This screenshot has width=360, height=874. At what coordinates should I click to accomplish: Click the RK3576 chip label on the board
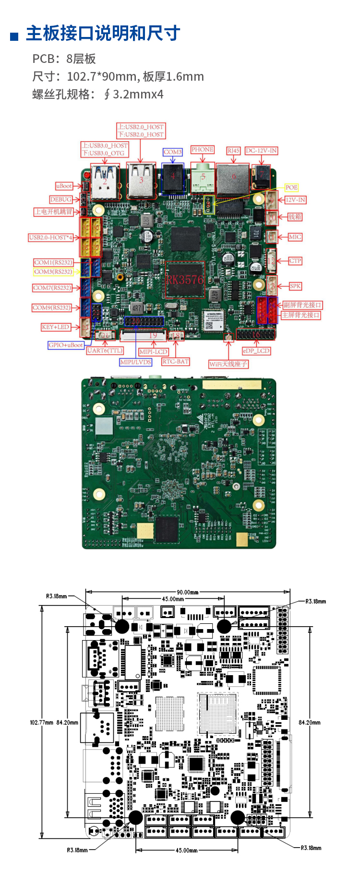click(185, 279)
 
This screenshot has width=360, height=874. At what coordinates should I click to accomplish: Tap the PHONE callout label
click(203, 150)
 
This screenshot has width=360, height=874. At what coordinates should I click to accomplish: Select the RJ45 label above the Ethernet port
click(233, 151)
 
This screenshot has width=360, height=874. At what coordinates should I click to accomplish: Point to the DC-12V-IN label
click(262, 151)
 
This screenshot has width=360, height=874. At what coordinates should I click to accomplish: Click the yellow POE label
click(291, 187)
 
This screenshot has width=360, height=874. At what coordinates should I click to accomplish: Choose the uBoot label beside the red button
click(64, 186)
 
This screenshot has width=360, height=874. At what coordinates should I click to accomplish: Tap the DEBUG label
click(61, 199)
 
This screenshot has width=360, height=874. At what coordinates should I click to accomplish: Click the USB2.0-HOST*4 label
click(51, 237)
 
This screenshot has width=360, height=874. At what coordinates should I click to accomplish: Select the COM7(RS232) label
click(52, 288)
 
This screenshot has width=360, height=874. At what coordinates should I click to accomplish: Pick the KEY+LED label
click(56, 327)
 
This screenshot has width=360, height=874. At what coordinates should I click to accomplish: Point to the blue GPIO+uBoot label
click(66, 345)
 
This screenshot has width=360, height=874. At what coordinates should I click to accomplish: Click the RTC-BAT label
click(176, 362)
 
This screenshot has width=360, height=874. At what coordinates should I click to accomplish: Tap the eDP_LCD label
click(256, 351)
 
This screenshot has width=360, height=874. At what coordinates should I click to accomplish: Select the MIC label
click(295, 237)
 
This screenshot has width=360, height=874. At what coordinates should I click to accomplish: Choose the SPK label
click(295, 286)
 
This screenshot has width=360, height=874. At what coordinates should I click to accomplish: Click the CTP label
click(295, 261)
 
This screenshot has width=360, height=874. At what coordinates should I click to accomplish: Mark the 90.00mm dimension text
click(187, 592)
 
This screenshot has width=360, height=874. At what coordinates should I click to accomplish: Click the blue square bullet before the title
click(14, 36)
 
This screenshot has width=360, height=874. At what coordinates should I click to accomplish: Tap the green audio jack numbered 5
click(203, 178)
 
